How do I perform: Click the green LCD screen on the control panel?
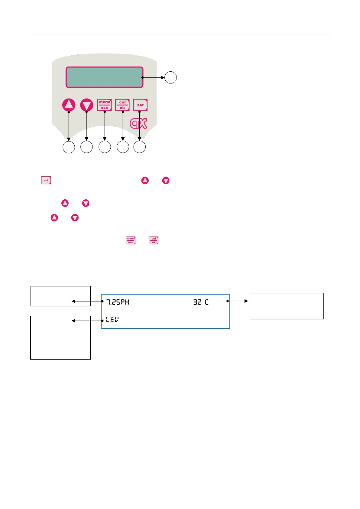(104, 77)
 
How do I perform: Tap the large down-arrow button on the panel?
(87, 105)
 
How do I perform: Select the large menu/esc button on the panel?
(105, 105)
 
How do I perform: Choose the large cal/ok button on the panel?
(122, 105)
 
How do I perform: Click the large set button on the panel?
(140, 105)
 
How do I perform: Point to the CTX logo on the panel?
(138, 123)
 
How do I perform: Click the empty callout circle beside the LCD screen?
(170, 77)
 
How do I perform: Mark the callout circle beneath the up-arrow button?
(69, 147)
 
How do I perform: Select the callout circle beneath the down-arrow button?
(87, 147)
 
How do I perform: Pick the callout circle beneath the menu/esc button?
(105, 147)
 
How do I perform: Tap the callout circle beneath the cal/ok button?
(123, 147)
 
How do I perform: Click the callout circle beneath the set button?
(140, 147)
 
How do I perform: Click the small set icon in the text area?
(46, 180)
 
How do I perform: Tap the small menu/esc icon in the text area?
(131, 240)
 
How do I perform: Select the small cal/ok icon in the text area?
(154, 240)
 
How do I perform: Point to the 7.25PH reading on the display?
(118, 302)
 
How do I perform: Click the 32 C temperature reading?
(201, 302)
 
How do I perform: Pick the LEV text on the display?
(112, 320)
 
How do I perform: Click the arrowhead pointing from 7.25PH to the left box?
(73, 301)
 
